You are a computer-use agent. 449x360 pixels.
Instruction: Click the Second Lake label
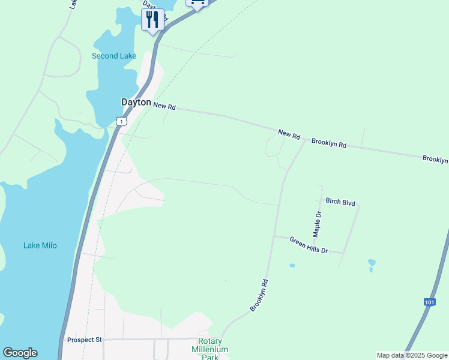pyautogui.click(x=113, y=56)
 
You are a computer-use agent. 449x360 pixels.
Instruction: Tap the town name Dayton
pyautogui.click(x=136, y=103)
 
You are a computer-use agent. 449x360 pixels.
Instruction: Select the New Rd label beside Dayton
pyautogui.click(x=164, y=106)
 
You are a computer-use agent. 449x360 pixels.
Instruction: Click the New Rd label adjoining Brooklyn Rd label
pyautogui.click(x=289, y=134)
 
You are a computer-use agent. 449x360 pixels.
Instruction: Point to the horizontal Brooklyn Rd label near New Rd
pyautogui.click(x=329, y=145)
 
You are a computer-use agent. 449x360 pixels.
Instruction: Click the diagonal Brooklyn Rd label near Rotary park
pyautogui.click(x=259, y=295)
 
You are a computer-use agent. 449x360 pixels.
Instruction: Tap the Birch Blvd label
pyautogui.click(x=340, y=202)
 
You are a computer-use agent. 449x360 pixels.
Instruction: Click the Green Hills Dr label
pyautogui.click(x=309, y=245)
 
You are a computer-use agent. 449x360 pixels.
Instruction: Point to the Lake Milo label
pyautogui.click(x=40, y=245)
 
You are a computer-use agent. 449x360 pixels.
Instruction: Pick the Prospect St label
pyautogui.click(x=85, y=340)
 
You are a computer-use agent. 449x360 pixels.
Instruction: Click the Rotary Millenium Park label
pyautogui.click(x=210, y=349)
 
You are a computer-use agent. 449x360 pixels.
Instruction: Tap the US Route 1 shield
pyautogui.click(x=122, y=121)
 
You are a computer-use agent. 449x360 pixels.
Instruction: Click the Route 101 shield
pyautogui.click(x=429, y=302)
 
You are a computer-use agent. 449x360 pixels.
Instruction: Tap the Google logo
pyautogui.click(x=20, y=353)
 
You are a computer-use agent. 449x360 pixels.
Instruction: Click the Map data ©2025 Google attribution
pyautogui.click(x=412, y=355)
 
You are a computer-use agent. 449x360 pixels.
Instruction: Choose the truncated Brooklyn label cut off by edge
pyautogui.click(x=435, y=159)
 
